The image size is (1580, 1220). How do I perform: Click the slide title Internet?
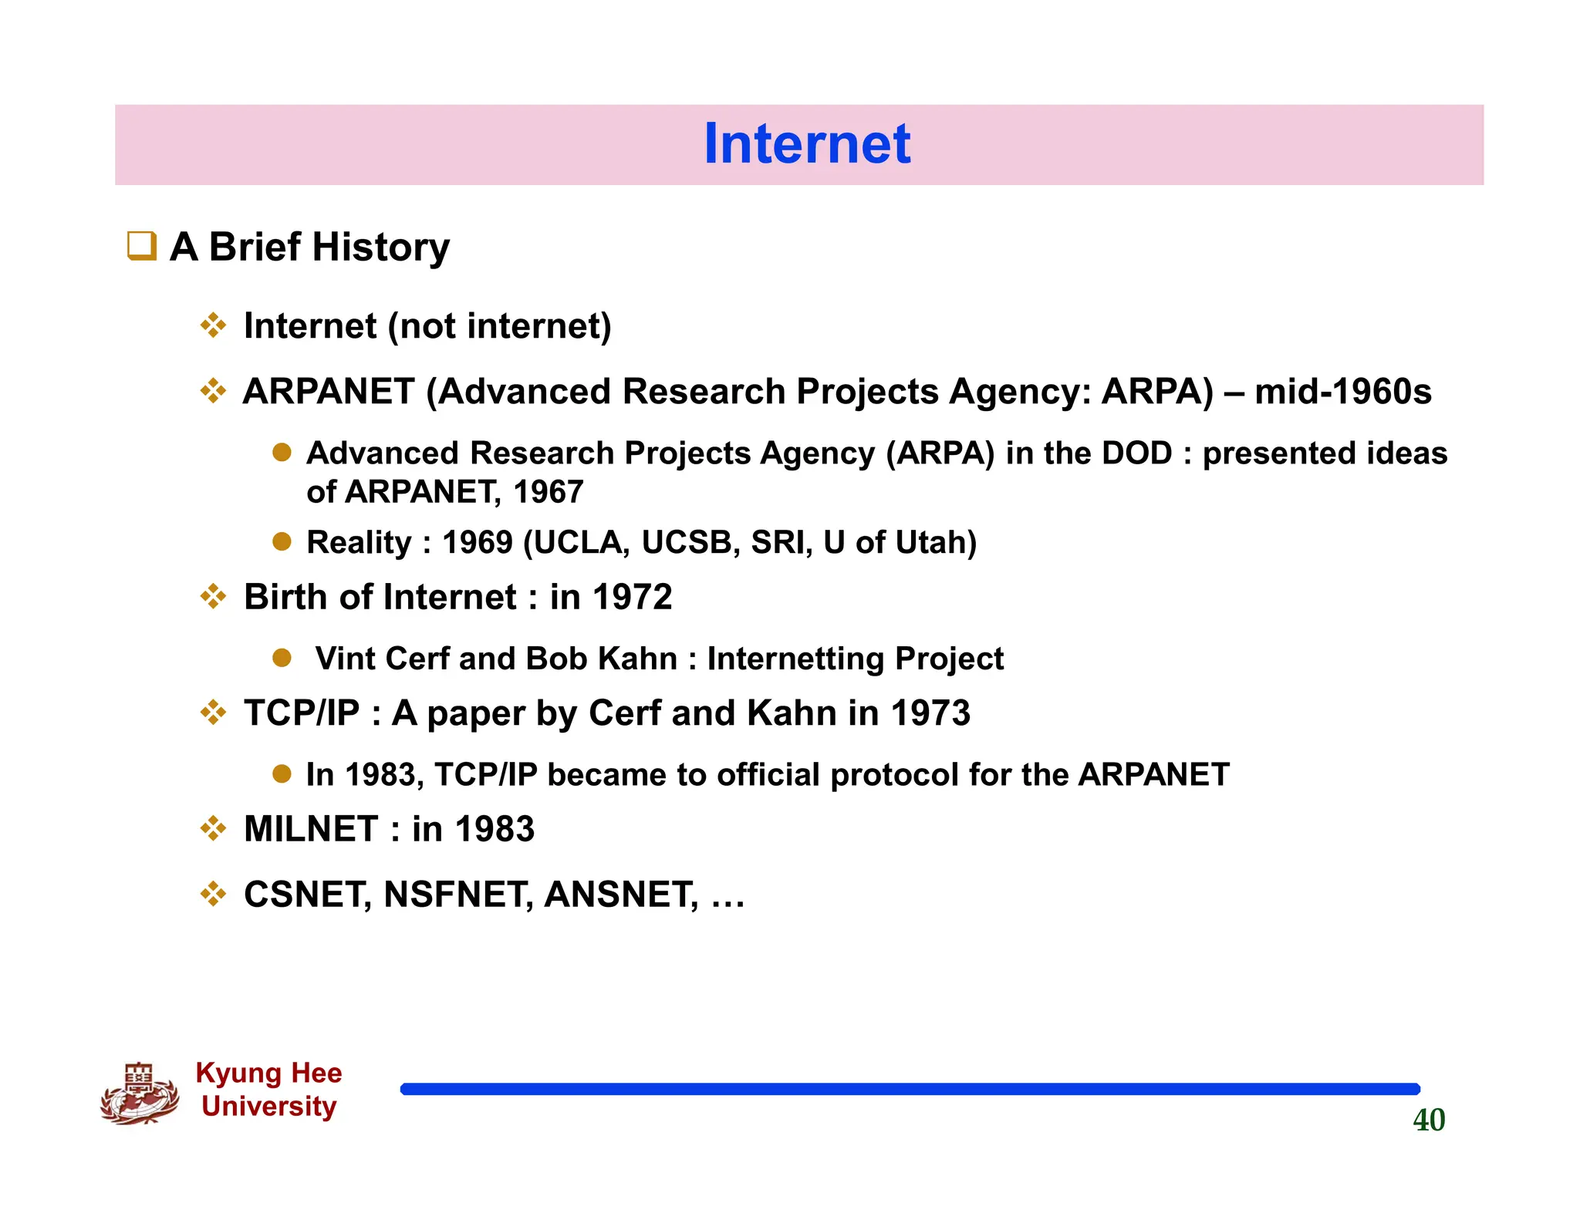click(806, 144)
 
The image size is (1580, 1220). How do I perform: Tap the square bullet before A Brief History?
click(142, 247)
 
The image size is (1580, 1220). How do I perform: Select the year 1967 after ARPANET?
click(548, 492)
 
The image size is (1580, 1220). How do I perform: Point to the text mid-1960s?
click(1342, 392)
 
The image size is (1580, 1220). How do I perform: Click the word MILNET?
click(311, 830)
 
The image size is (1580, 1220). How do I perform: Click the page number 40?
click(1428, 1120)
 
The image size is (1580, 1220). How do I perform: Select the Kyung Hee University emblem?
click(140, 1093)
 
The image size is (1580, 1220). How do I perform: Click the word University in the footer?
click(268, 1107)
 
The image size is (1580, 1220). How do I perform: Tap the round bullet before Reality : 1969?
click(282, 541)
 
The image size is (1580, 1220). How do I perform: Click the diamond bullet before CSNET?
click(213, 895)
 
